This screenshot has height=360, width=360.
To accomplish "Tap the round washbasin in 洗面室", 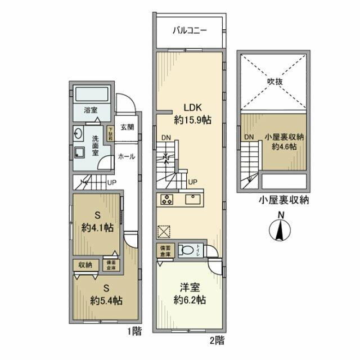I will coord(79,134).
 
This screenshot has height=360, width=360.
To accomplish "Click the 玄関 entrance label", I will coord(127,127).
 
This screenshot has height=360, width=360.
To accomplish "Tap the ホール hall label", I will coord(126,157).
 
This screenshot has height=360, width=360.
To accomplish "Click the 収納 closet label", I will coord(85,264).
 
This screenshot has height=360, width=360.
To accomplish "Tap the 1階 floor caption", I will coord(133,332).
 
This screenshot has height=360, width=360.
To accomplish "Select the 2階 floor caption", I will coord(217,340).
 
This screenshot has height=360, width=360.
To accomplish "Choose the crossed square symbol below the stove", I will coord(164,231).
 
